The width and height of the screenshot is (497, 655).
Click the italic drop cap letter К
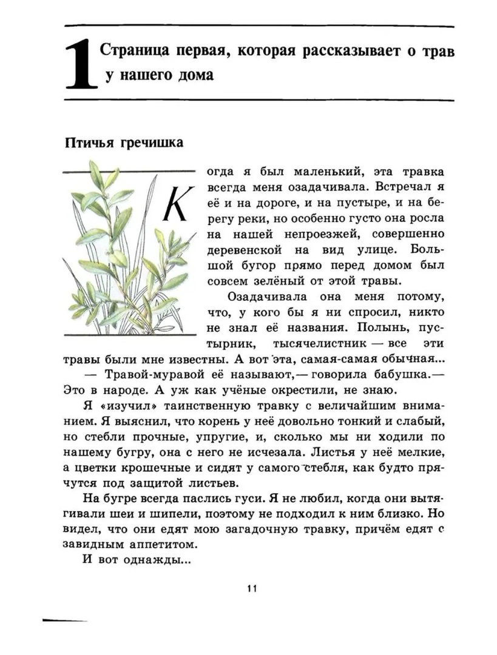[178, 203]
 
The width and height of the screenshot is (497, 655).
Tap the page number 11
[253, 588]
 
